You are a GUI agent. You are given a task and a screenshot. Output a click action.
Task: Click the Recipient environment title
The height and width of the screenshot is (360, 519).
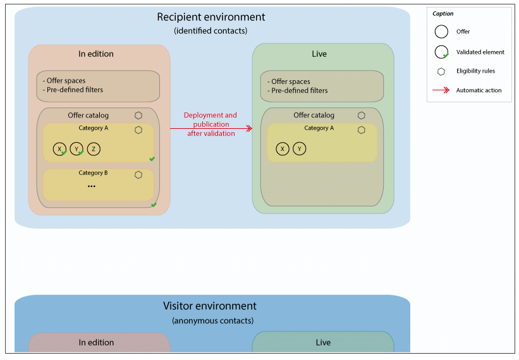click(211, 17)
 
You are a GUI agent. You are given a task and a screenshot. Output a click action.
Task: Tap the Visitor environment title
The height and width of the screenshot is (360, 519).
click(210, 306)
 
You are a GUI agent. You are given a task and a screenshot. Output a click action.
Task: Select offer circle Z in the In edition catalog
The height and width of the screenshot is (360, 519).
click(94, 149)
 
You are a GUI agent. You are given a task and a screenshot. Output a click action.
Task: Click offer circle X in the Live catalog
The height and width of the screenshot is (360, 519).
click(283, 149)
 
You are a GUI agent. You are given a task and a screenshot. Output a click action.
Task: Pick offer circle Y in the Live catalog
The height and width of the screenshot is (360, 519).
click(300, 149)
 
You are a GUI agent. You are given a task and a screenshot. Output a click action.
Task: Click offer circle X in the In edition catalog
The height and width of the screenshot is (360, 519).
click(59, 149)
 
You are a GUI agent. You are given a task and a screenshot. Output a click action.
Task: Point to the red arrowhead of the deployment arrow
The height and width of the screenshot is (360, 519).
click(249, 128)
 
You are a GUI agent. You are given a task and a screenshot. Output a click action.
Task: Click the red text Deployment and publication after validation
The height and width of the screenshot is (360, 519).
click(211, 124)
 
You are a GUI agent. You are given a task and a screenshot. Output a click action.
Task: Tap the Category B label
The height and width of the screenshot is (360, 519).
click(93, 173)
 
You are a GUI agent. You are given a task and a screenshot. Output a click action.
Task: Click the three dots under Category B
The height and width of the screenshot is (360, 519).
click(92, 186)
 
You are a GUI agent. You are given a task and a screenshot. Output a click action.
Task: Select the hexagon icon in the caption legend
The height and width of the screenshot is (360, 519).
click(441, 71)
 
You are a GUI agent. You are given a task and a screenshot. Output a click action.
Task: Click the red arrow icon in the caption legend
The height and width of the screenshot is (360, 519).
click(441, 90)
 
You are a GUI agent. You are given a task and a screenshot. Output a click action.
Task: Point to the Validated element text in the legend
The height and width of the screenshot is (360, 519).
click(480, 52)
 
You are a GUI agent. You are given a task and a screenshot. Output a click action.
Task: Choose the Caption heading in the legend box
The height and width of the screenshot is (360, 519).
click(443, 13)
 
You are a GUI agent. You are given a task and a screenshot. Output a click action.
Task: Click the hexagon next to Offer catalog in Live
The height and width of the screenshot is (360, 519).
click(361, 116)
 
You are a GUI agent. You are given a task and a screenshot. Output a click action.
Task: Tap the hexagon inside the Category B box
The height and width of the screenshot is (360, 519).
click(138, 175)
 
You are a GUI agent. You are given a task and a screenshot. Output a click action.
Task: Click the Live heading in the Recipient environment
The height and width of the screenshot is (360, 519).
click(319, 54)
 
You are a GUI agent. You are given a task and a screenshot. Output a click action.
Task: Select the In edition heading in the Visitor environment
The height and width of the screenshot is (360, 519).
click(96, 342)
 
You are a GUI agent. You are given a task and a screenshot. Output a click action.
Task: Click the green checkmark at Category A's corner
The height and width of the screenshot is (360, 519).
click(152, 159)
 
